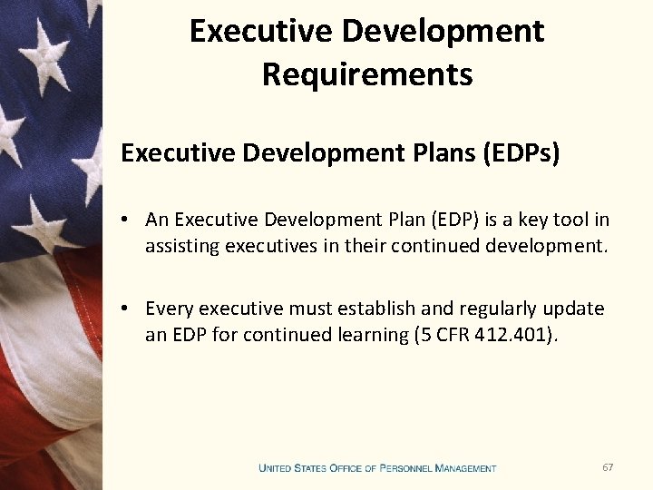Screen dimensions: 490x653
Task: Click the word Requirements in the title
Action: tap(367, 73)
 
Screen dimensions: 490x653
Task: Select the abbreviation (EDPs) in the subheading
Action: tap(521, 152)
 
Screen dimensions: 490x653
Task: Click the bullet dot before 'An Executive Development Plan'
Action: tap(132, 220)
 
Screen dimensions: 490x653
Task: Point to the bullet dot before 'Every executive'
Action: tap(132, 309)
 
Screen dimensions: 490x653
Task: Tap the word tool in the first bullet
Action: tap(573, 220)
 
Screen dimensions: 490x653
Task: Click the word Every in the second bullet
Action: tap(171, 309)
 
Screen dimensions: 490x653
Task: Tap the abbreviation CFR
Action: tap(452, 334)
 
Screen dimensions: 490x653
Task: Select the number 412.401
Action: tap(512, 334)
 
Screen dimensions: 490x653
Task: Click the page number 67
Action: tap(608, 466)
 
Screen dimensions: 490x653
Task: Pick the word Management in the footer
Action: tap(466, 468)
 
